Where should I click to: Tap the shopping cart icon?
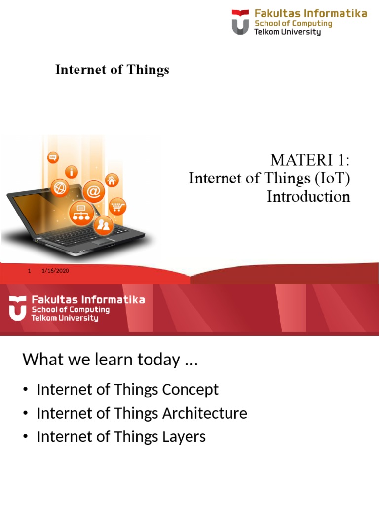click(x=117, y=207)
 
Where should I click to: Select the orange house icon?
click(x=112, y=180)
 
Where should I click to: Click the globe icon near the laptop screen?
click(x=61, y=188)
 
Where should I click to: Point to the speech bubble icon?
click(x=52, y=158)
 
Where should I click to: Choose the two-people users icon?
click(x=104, y=226)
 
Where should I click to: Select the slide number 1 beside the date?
click(x=30, y=271)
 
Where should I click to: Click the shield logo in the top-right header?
click(x=240, y=22)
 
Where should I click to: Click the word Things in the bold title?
click(x=147, y=70)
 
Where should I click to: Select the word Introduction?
click(x=308, y=197)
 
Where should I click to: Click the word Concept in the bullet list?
click(x=191, y=390)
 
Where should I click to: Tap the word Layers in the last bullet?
click(x=185, y=437)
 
